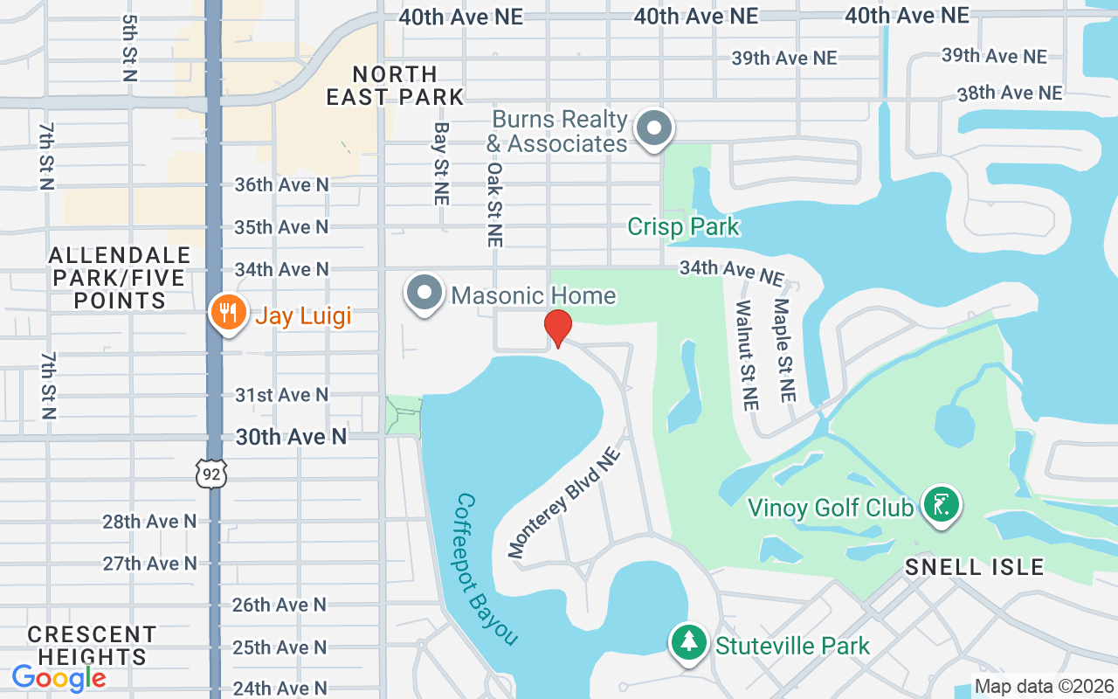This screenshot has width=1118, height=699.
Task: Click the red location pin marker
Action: click(x=557, y=328)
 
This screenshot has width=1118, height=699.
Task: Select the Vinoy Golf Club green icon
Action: click(x=941, y=505)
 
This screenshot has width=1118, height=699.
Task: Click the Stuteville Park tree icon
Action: click(x=689, y=642)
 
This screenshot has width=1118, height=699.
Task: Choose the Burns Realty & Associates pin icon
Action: click(x=653, y=128)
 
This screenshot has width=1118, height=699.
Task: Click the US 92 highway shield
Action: click(x=211, y=473)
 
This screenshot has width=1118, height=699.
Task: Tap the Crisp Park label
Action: click(x=683, y=227)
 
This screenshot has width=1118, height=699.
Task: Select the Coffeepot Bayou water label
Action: click(x=487, y=570)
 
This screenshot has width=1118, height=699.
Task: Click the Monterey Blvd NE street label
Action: click(x=564, y=502)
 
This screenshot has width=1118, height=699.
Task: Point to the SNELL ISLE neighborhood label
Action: click(x=974, y=567)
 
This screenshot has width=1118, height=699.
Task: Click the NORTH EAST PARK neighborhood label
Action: click(x=395, y=86)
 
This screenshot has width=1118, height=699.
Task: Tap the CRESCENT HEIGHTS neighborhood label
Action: click(x=92, y=645)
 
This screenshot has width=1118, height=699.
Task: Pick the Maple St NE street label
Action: click(x=783, y=349)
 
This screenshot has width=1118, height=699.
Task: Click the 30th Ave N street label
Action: click(x=291, y=436)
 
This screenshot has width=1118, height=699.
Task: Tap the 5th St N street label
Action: click(x=130, y=48)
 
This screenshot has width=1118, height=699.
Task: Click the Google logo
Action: click(x=59, y=677)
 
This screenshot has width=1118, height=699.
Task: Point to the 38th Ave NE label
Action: click(x=1010, y=93)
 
